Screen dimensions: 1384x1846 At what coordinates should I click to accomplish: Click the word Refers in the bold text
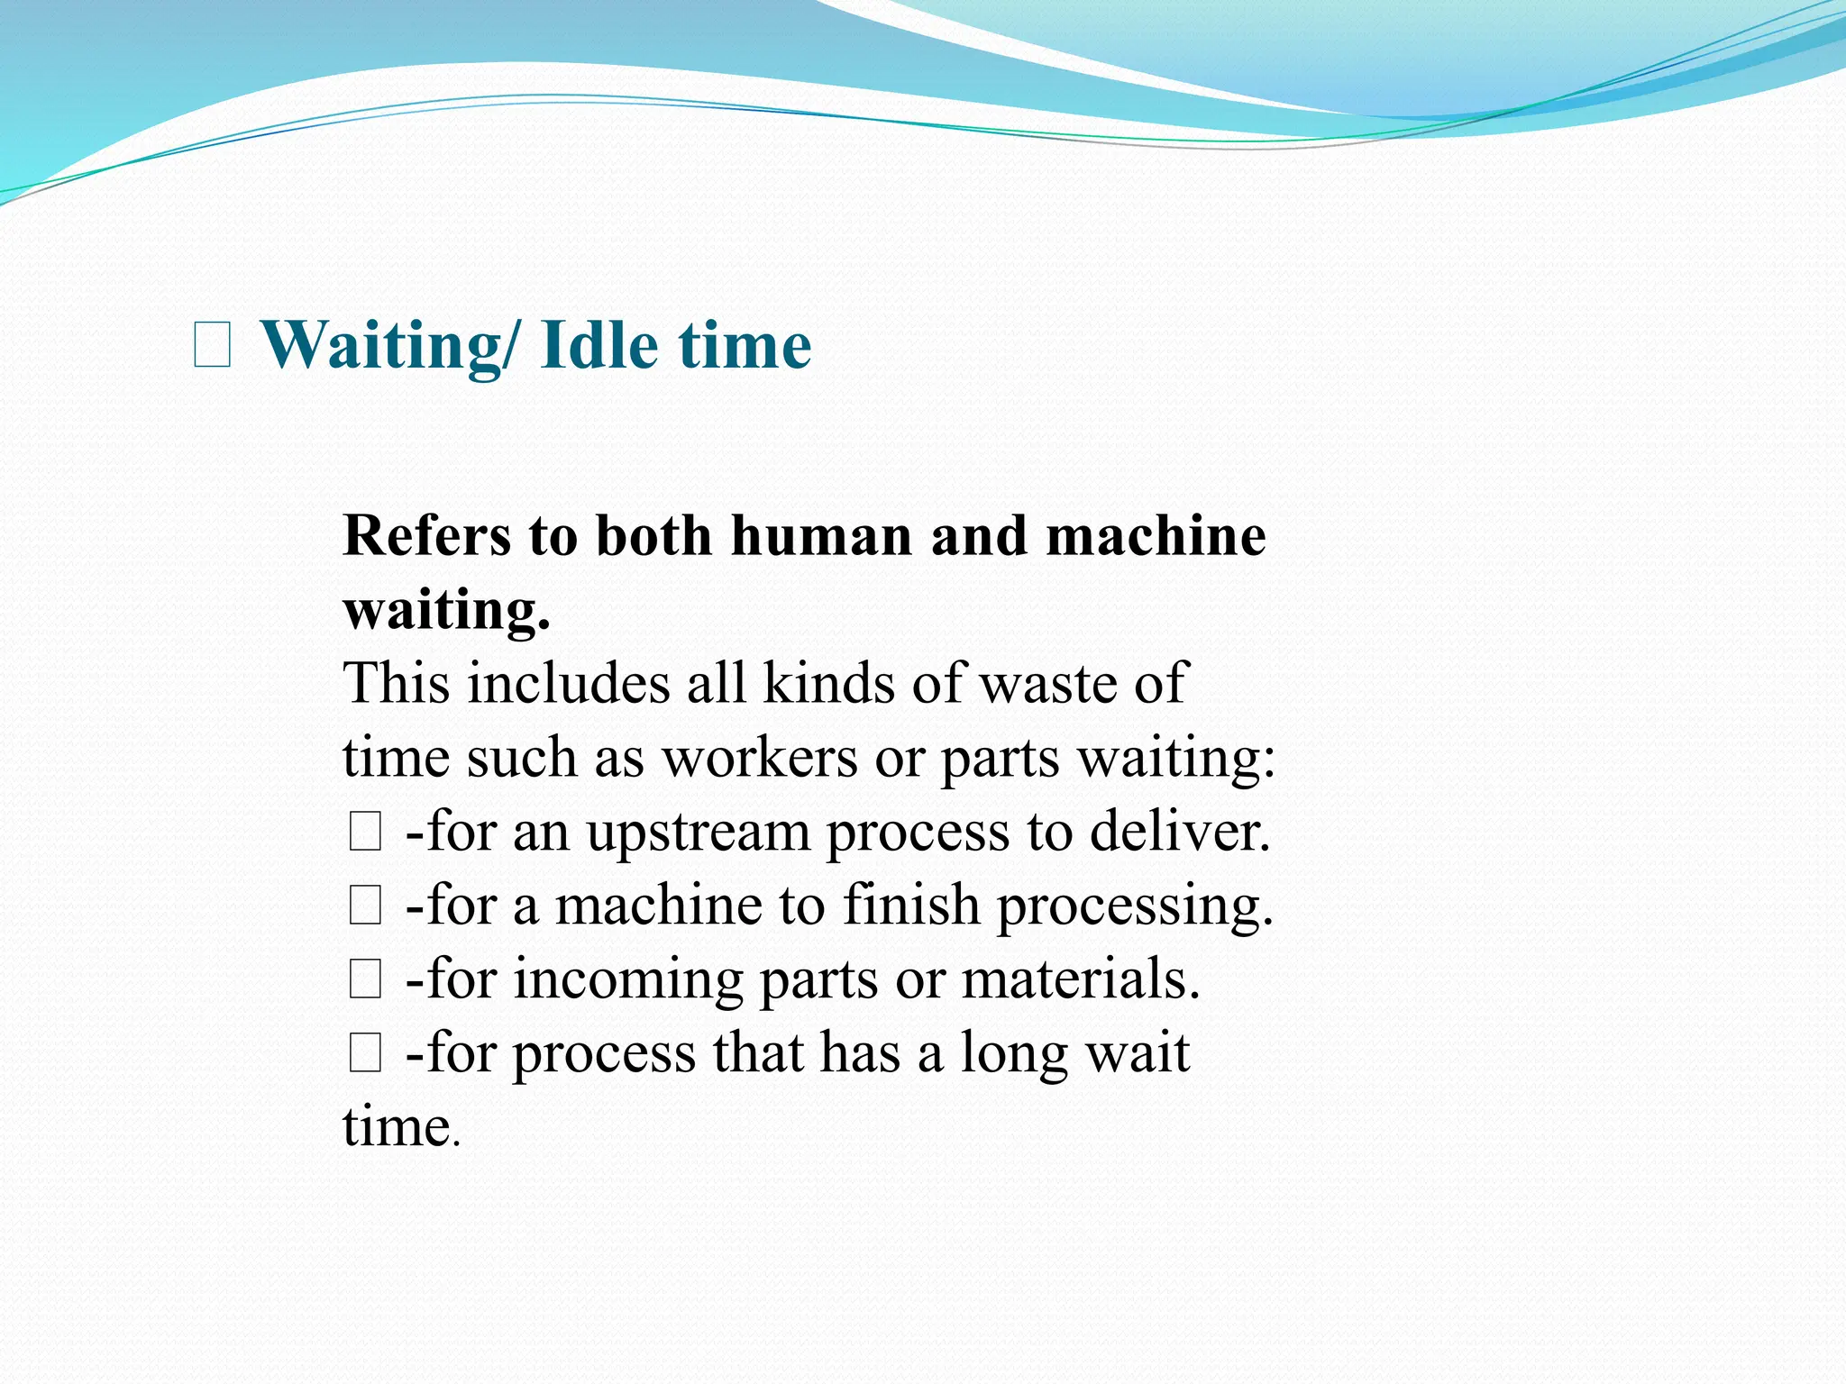tap(426, 536)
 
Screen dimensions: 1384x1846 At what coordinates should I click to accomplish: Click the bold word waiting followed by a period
tap(446, 611)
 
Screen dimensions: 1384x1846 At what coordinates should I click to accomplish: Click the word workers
tap(760, 758)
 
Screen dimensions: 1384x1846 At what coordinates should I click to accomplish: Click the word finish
tap(911, 906)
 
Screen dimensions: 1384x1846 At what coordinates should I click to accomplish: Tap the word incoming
tap(628, 980)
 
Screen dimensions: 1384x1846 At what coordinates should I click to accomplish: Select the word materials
tap(1081, 979)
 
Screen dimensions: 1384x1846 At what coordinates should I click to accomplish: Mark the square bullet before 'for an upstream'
tap(365, 832)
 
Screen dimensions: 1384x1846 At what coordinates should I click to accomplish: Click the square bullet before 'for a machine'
tap(365, 906)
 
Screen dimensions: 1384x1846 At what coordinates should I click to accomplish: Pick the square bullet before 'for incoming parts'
tap(365, 979)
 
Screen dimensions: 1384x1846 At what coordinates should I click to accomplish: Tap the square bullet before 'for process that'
tap(365, 1053)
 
